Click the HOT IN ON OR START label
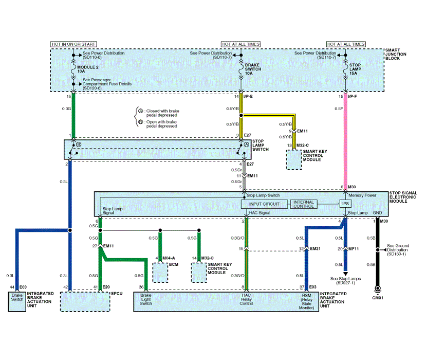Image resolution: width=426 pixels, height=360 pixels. [73, 44]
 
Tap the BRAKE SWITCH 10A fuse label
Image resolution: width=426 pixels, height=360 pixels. [253, 69]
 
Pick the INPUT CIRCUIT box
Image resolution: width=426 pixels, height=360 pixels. [264, 204]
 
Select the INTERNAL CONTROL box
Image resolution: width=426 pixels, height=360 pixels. [303, 204]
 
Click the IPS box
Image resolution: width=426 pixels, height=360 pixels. [345, 204]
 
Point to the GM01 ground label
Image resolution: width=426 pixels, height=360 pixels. [378, 298]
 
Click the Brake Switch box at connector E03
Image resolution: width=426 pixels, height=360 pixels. [17, 301]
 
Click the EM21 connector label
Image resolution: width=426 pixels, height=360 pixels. [315, 248]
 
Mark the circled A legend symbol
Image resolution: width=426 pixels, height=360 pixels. [140, 111]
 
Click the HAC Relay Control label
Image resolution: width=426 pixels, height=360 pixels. [246, 299]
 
